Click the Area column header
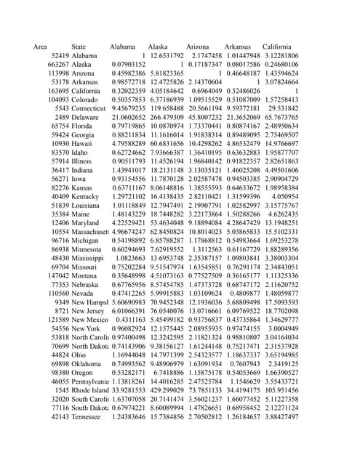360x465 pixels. pyautogui.click(x=40, y=46)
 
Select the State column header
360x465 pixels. pyautogui.click(x=79, y=46)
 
